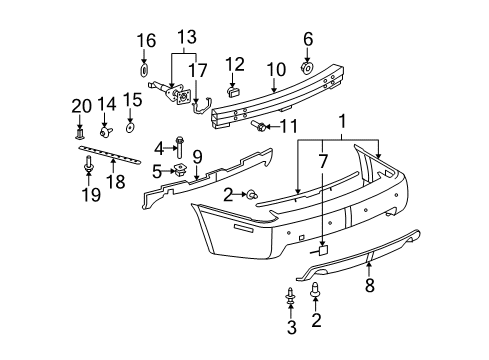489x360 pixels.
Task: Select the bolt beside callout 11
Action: (x=260, y=127)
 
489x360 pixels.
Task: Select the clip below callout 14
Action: (x=106, y=131)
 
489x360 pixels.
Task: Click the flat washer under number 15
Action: (x=132, y=128)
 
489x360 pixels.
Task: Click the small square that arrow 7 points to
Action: (x=323, y=253)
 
